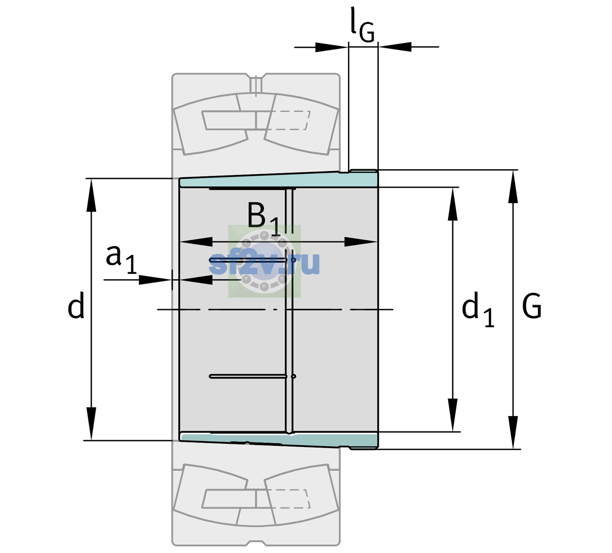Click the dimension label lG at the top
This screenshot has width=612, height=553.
362,26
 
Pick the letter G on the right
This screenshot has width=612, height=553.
531,306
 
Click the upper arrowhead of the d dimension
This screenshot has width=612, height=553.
91,195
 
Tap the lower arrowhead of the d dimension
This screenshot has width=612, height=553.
91,424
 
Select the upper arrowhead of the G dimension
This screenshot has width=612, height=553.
513,187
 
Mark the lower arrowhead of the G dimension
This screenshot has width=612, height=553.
513,432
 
